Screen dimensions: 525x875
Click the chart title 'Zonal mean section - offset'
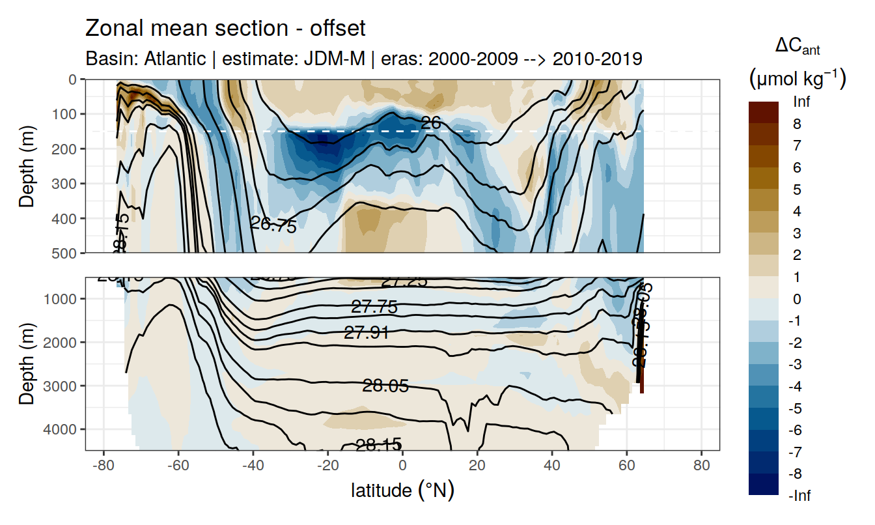pos(225,29)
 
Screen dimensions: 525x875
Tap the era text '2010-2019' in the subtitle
pos(597,59)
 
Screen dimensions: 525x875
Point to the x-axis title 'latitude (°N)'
pos(402,490)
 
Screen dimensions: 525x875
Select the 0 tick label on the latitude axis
pos(402,466)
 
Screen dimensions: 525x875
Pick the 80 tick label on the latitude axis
pos(701,466)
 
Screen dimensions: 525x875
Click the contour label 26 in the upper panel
pos(431,122)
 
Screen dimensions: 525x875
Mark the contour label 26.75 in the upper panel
pos(273,225)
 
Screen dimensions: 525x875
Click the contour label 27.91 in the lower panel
pos(367,333)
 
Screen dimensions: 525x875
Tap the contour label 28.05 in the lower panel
pos(385,386)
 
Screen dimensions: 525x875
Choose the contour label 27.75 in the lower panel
pos(374,307)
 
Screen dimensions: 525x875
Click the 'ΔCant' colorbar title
pos(797,46)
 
